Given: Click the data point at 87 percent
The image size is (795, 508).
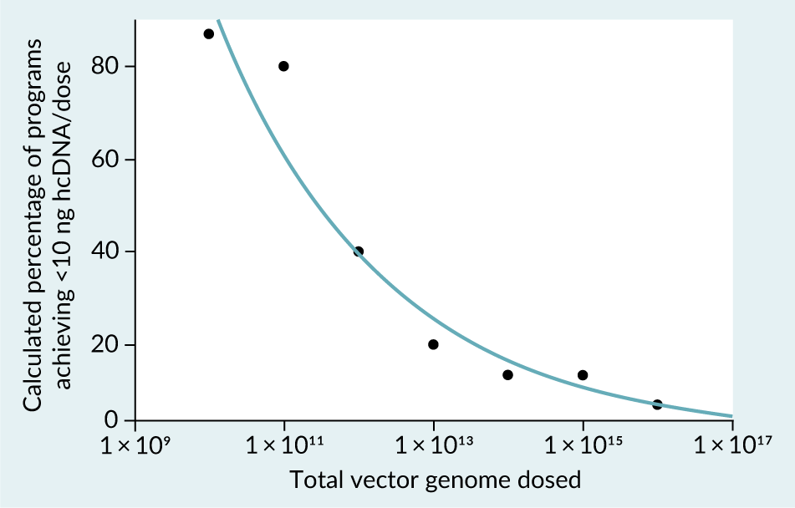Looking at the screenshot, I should click(x=209, y=33).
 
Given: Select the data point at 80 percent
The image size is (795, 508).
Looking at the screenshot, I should click(x=283, y=66).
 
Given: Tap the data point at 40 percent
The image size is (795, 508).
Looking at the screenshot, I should click(x=359, y=251).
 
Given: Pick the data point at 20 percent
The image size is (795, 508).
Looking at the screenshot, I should click(x=433, y=344).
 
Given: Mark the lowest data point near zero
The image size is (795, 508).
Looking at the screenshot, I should click(x=657, y=404).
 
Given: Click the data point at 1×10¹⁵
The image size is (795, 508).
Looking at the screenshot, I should click(x=583, y=375).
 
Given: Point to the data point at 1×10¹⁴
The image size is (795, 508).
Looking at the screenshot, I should click(x=507, y=375).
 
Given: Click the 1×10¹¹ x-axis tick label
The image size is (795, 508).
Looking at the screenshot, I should click(x=283, y=445).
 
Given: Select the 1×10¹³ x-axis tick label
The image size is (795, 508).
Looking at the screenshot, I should click(x=433, y=445).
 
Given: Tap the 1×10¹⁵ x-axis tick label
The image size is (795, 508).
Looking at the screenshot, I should click(x=583, y=445).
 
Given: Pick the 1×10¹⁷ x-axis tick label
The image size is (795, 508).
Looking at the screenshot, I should click(x=731, y=445).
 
